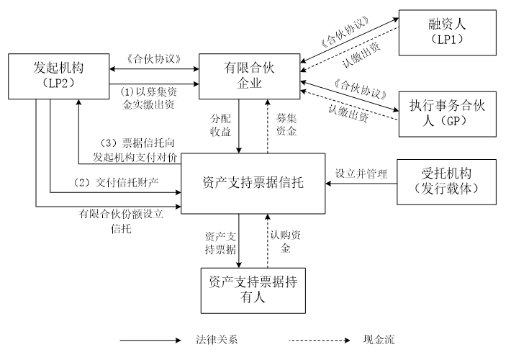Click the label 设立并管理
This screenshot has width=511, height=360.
361,174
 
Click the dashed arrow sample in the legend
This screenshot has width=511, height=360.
320,339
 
